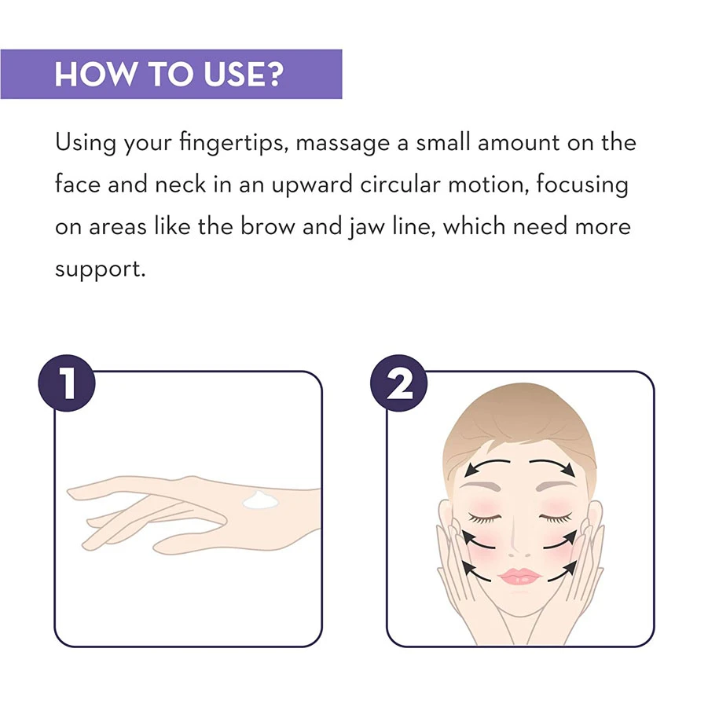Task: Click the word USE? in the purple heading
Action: pos(244,74)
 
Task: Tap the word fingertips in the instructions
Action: pos(233,143)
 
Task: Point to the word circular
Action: pos(400,185)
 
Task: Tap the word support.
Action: pos(100,270)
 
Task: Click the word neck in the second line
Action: pos(180,185)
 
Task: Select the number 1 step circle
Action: pos(67,383)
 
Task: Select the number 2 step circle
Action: pos(398,383)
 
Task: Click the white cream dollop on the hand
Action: pos(261,500)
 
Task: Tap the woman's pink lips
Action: pos(519,577)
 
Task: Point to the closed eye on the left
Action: pos(485,518)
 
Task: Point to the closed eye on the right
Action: pos(556,518)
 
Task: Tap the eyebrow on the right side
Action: pos(556,486)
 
